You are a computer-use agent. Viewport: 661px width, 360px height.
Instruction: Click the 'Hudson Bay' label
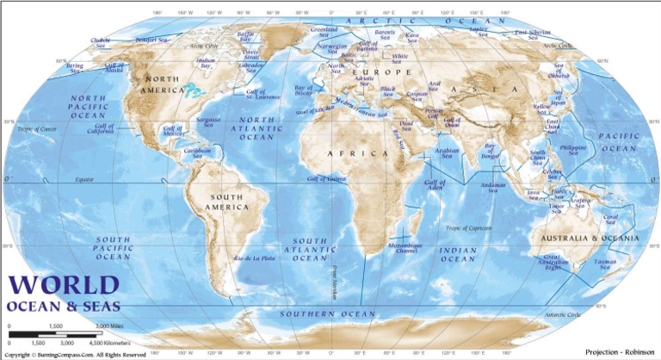click(207, 63)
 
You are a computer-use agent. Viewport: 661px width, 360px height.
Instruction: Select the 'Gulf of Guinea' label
click(326, 179)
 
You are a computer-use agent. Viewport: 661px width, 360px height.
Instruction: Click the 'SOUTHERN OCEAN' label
click(315, 313)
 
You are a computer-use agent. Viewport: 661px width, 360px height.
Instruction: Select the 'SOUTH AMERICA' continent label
click(228, 202)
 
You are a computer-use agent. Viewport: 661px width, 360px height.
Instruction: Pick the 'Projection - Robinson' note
click(619, 352)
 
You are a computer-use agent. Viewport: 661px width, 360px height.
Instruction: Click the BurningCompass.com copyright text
click(76, 354)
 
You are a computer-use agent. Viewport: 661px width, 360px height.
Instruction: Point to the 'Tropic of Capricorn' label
click(468, 228)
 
